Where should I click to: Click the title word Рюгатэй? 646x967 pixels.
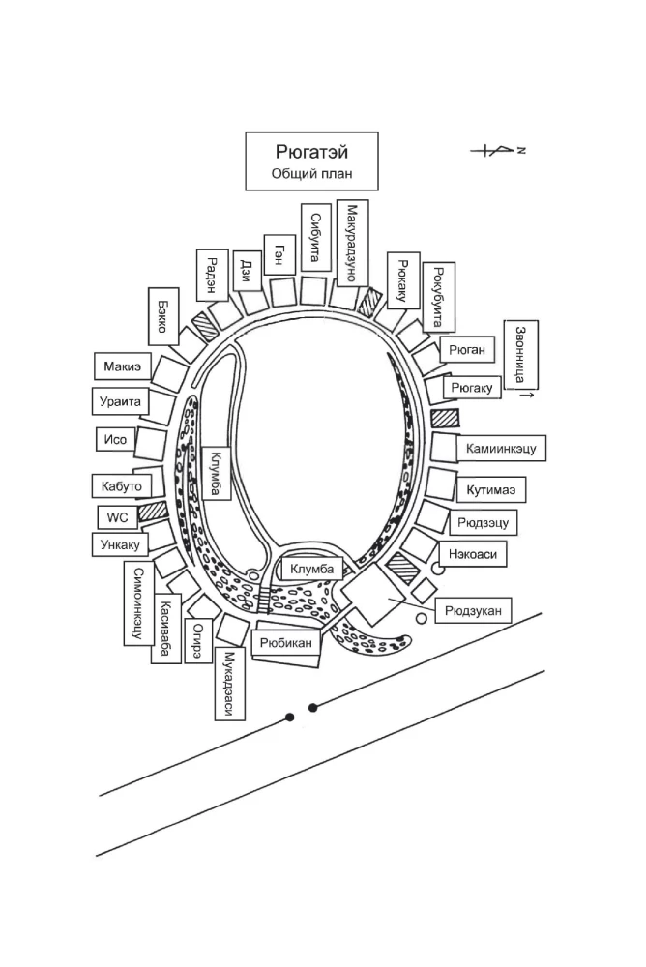tap(311, 151)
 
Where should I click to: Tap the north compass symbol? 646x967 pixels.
tap(498, 150)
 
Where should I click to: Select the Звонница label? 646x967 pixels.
tap(521, 355)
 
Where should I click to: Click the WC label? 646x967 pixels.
tap(117, 516)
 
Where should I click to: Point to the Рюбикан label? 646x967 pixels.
tap(285, 643)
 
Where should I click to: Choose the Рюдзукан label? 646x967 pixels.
tap(473, 611)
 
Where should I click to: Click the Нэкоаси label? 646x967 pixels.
tap(473, 554)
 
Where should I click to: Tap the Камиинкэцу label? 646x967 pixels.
tap(501, 449)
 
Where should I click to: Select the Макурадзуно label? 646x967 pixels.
tap(352, 243)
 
